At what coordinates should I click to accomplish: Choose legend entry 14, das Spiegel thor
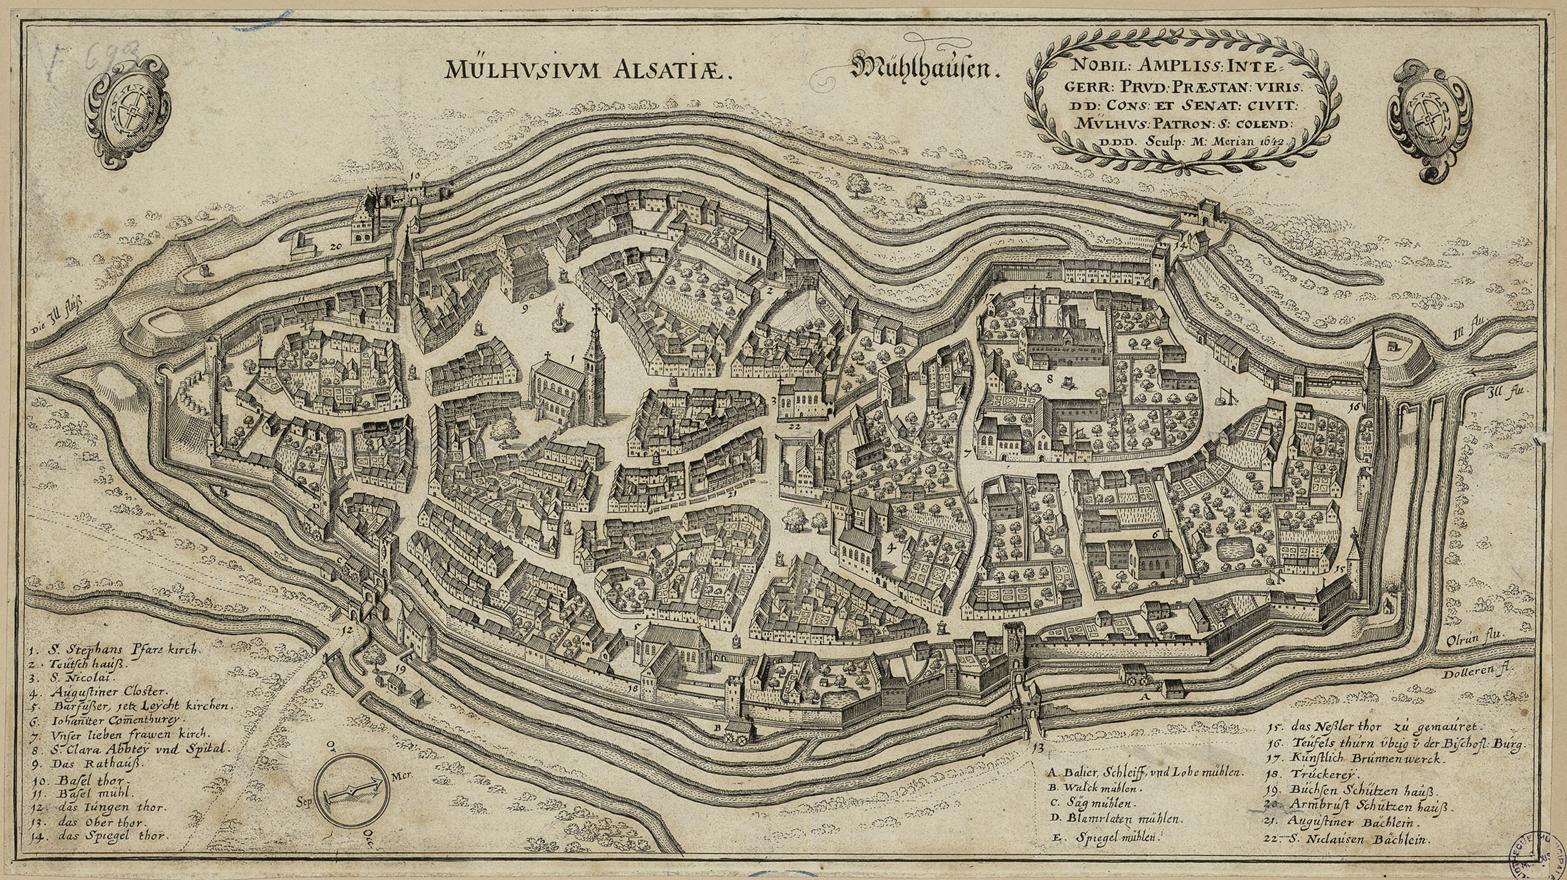(x=100, y=837)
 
